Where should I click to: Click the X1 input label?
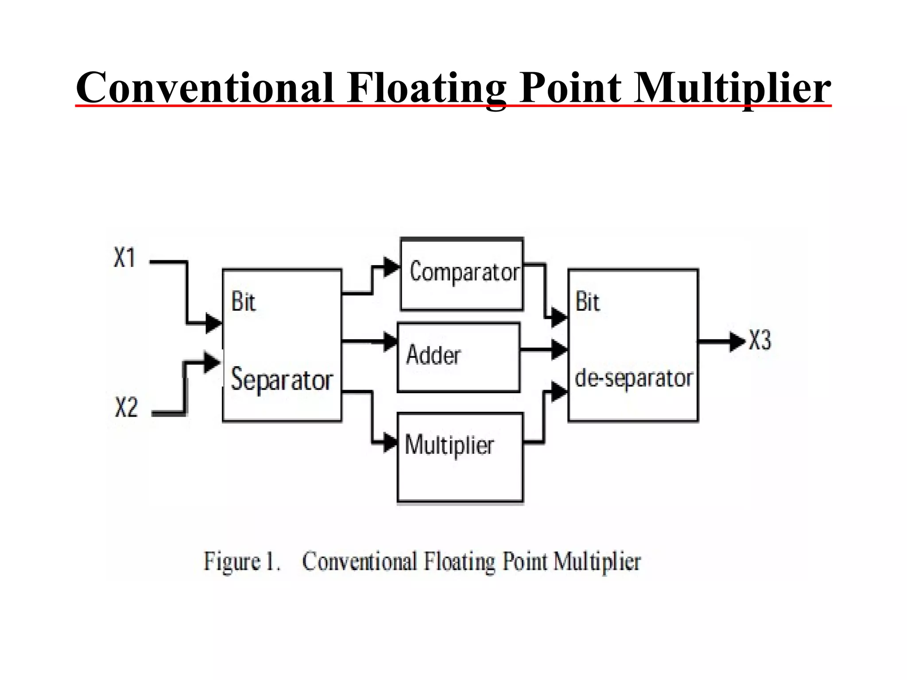pos(124,258)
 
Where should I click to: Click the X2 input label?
pos(127,407)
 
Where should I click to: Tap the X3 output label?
pos(760,340)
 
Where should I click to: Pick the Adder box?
pos(459,358)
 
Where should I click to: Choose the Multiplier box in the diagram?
pos(460,457)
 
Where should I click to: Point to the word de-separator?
pos(634,379)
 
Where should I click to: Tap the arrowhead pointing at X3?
pos(737,341)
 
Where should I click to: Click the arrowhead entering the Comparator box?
pos(391,267)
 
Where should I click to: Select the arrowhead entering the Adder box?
pos(390,341)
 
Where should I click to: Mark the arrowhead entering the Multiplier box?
pos(390,442)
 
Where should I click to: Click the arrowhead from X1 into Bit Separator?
pos(213,323)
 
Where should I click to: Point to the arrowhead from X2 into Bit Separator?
pos(212,363)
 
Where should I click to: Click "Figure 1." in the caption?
pos(242,562)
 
